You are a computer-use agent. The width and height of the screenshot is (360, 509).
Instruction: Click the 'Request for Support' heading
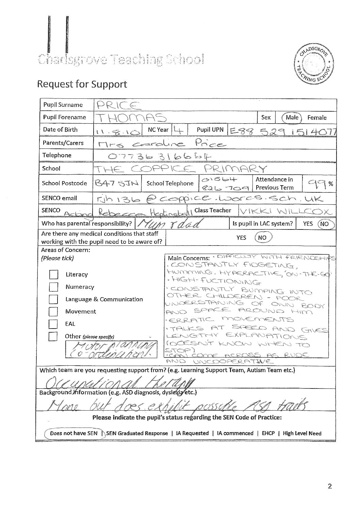point(82,84)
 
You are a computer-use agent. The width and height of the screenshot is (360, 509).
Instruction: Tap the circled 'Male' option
point(292,117)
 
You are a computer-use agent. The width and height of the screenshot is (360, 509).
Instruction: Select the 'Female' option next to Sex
point(317,117)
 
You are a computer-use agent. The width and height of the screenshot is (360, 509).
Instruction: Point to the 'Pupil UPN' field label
point(210,130)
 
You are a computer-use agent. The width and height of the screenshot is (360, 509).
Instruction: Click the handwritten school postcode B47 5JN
point(116,184)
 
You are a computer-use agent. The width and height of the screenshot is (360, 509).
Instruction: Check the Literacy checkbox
point(53,274)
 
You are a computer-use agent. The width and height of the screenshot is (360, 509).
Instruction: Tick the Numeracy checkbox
point(53,287)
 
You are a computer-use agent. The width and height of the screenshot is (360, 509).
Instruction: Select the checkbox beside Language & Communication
point(53,299)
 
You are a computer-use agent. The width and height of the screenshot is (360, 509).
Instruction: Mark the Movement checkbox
point(53,312)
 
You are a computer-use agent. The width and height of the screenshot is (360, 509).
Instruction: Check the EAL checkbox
point(53,324)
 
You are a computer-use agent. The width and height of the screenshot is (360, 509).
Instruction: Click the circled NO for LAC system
point(325,224)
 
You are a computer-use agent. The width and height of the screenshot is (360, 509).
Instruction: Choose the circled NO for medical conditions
point(262,238)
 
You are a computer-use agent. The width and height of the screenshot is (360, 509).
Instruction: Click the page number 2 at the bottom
point(329,487)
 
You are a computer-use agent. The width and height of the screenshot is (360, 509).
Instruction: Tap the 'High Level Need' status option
point(302,433)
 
